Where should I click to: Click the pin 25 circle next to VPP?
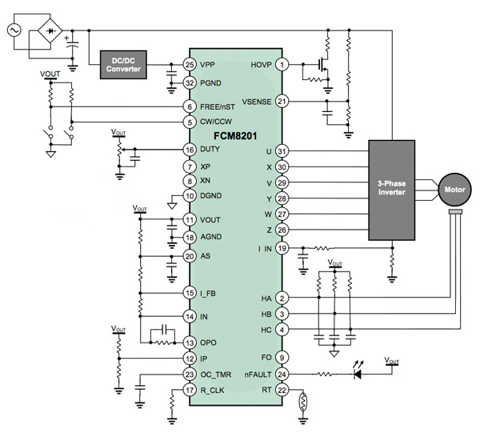coord(190,64)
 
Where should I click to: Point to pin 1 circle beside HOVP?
coord(282,64)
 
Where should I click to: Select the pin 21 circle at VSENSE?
coord(282,101)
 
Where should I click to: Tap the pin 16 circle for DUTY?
coord(190,150)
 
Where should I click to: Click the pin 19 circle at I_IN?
coord(282,249)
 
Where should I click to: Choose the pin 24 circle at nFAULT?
coord(282,374)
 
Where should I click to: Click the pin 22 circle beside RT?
coord(282,391)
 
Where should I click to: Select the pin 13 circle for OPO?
coord(190,342)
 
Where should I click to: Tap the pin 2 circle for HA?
coord(282,298)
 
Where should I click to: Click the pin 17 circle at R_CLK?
coord(190,391)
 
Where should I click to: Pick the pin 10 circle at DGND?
coord(190,195)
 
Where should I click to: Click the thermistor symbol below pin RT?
coord(303,403)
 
